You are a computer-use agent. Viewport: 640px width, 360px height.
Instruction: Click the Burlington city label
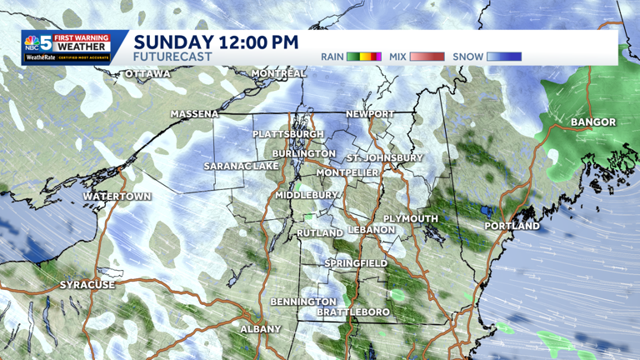pos(304,154)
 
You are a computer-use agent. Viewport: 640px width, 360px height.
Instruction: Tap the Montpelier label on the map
pos(347,172)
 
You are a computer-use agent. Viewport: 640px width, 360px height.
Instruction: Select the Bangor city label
pos(592,122)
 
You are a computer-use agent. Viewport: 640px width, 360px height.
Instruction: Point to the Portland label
pos(512,226)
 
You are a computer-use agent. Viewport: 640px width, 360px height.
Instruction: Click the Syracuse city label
pos(87,285)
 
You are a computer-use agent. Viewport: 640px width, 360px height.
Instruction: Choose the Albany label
pos(261,329)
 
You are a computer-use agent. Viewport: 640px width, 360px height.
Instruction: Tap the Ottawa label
pos(147,74)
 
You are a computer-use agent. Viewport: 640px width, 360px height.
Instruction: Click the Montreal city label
pos(278,73)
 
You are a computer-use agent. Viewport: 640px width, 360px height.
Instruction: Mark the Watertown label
pos(117,197)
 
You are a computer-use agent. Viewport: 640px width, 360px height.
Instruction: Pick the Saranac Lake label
pos(242,167)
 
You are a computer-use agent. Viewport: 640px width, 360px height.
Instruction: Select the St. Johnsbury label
pos(384,157)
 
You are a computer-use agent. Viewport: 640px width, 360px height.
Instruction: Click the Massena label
pos(194,114)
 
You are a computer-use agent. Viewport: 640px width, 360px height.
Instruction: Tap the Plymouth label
pos(410,218)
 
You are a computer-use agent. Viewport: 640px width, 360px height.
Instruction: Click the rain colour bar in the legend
pos(364,57)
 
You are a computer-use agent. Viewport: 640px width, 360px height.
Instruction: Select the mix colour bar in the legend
pos(427,57)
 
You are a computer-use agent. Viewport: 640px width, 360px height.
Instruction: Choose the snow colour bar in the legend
pos(504,57)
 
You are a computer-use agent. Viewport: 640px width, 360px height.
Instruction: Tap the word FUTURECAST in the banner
pos(172,57)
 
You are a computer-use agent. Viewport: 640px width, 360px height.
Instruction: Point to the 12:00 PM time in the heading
pos(258,41)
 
